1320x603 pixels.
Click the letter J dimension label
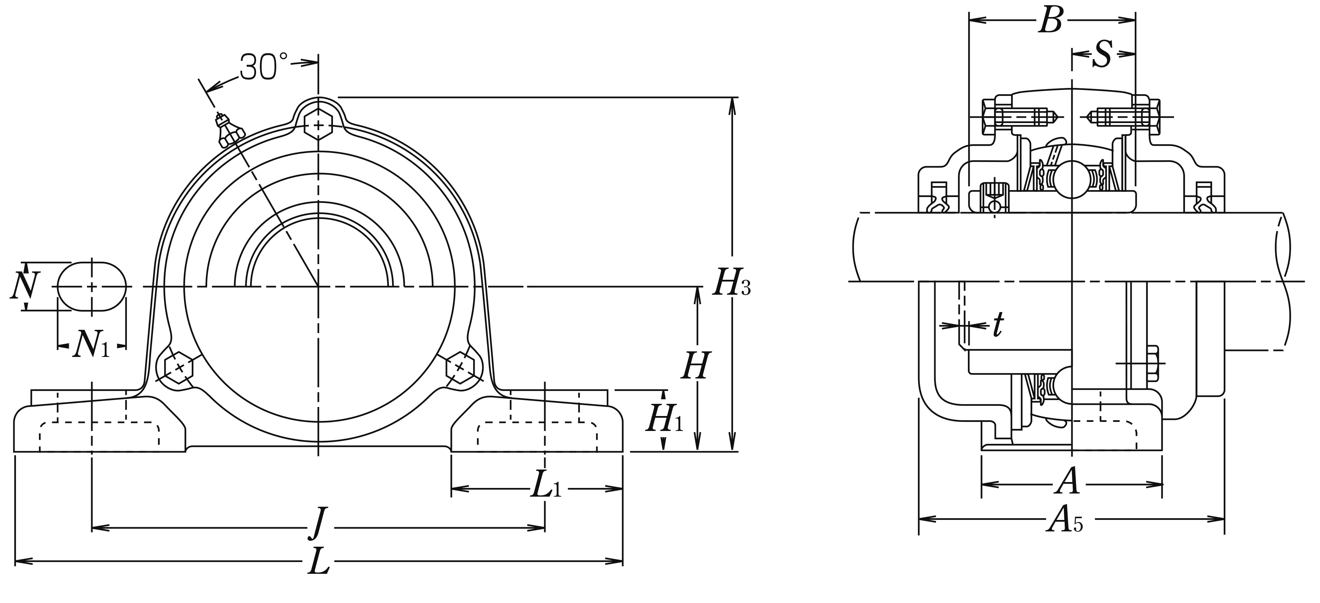(x=319, y=523)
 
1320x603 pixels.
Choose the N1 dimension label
(x=91, y=345)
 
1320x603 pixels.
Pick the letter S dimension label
(x=1102, y=54)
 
